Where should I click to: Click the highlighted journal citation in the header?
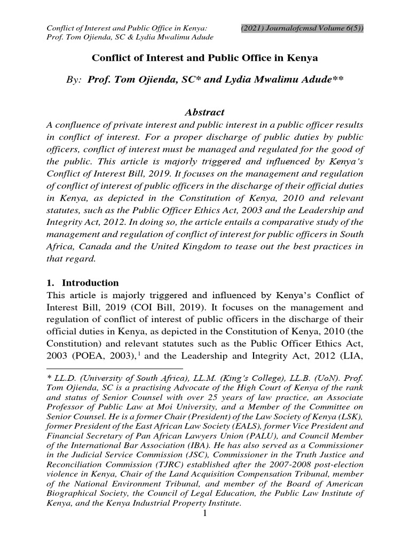point(302,28)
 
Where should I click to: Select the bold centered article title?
point(205,57)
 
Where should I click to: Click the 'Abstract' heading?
point(204,113)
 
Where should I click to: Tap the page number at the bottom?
point(205,514)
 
